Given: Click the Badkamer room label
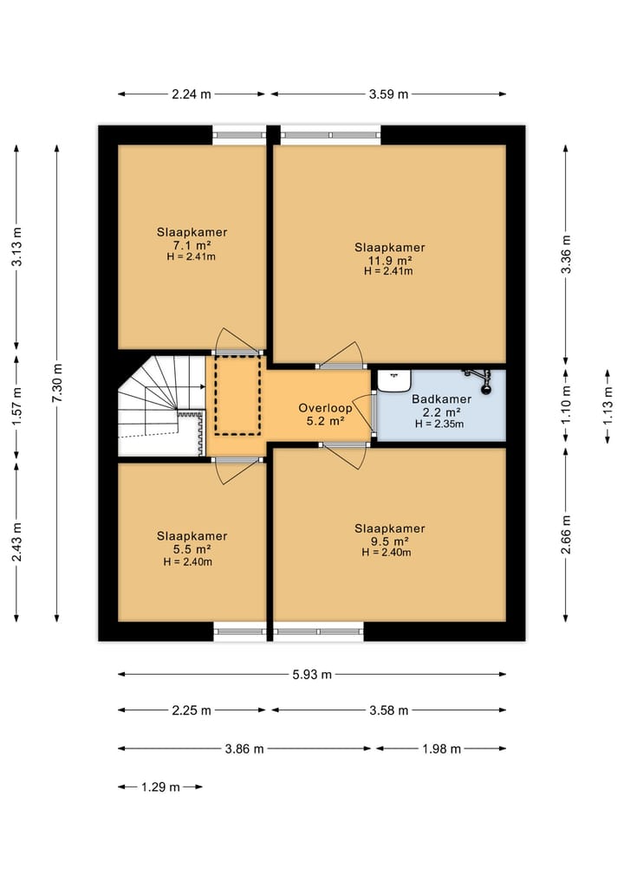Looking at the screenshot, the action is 441,399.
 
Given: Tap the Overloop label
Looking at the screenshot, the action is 325,409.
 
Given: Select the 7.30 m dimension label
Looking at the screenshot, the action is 57,383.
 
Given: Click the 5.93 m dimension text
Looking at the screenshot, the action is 312,674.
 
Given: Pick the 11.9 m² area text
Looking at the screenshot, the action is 390,260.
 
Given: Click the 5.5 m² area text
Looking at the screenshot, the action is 192,549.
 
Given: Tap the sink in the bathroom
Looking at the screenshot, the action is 394,380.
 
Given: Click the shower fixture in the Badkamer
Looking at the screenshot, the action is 478,379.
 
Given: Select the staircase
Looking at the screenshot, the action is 161,405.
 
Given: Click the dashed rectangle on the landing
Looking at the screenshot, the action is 237,394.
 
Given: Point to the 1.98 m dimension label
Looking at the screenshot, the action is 441,748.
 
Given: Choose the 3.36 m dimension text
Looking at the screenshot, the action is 566,255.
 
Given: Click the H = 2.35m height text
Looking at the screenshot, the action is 439,424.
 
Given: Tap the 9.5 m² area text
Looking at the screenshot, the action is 389,541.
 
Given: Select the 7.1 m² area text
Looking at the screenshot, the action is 192,245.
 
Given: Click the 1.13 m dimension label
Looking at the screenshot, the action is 608,406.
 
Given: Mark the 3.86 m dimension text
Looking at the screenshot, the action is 244,748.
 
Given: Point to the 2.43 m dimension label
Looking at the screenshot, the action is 16,542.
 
